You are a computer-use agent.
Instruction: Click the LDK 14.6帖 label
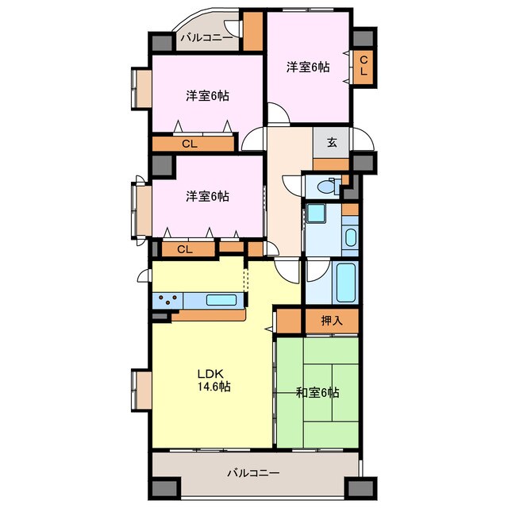coord(214,380)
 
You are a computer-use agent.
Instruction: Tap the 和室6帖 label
coord(317,393)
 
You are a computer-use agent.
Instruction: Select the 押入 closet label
coord(332,321)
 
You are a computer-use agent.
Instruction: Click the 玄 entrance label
coord(332,142)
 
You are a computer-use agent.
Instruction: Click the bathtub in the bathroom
coord(346,282)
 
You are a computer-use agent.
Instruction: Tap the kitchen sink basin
coord(221,300)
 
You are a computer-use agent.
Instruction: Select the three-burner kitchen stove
coord(167,300)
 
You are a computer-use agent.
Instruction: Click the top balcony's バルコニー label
coord(206,38)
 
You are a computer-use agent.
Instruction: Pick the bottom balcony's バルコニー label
coord(253,473)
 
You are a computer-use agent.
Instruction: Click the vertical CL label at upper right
coord(364,66)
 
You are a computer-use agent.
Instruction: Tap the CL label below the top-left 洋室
coord(190,144)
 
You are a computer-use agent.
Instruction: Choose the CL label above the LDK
coord(185,249)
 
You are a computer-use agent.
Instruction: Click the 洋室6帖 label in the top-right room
coord(308,67)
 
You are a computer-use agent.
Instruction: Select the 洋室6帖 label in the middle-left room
coord(207,196)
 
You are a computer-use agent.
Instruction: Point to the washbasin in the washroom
coord(350,237)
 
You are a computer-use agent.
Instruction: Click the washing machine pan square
coord(316,214)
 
